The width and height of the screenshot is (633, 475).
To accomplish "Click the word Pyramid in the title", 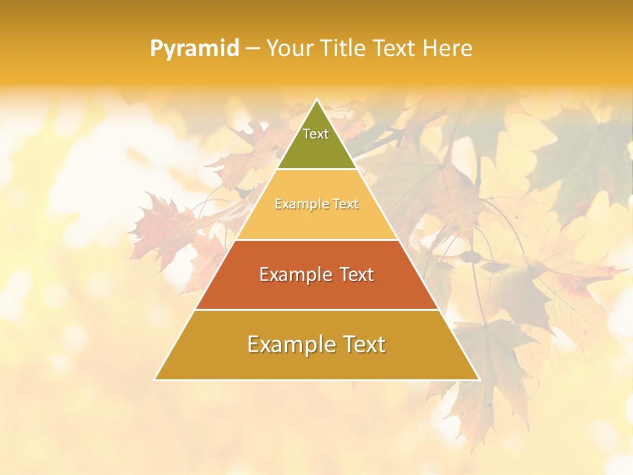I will [194, 49].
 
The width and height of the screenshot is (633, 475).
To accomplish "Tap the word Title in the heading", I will [345, 48].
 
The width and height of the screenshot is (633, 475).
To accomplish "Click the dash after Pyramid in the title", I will [252, 49].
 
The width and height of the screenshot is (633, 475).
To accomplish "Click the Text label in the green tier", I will [316, 134].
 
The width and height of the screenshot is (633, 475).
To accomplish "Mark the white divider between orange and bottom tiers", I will [316, 310].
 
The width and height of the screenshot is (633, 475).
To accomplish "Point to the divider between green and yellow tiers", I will [316, 169].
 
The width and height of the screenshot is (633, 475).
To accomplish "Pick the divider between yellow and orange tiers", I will [316, 239].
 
